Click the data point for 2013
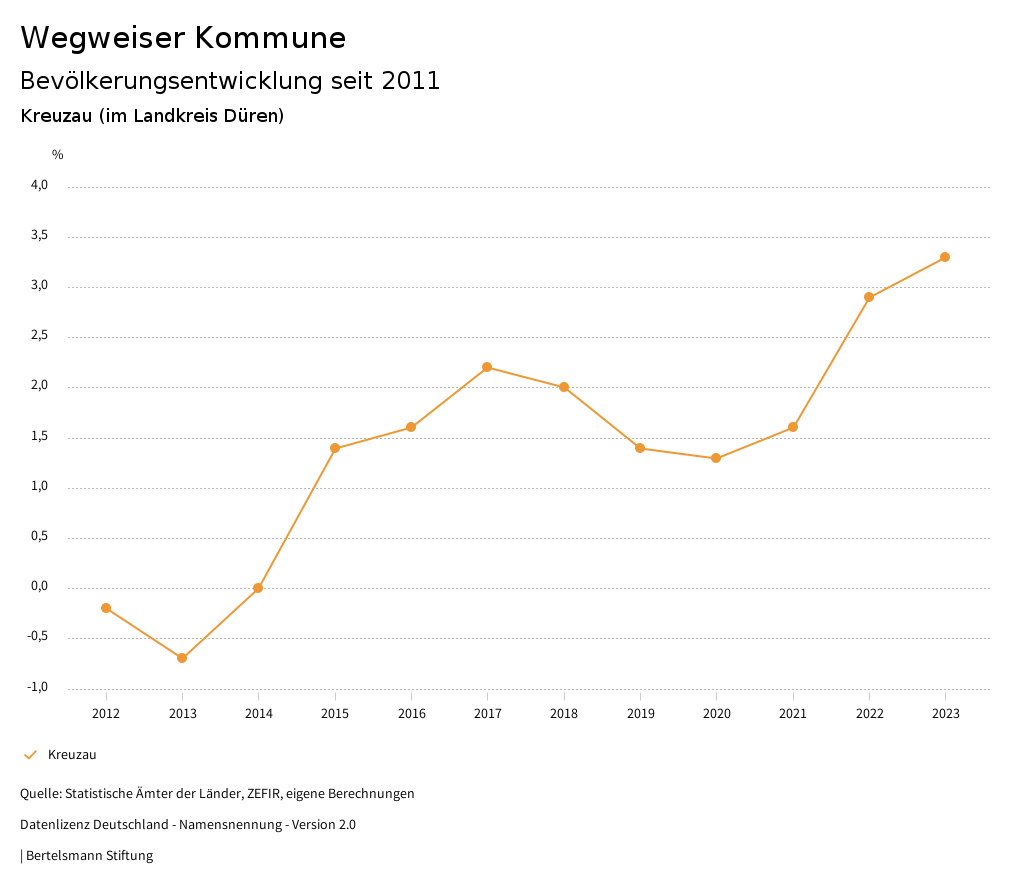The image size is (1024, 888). tap(182, 658)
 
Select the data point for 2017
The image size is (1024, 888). tap(487, 367)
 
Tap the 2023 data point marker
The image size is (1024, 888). tap(945, 257)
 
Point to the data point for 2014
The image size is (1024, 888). tap(258, 588)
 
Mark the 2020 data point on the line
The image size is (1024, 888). tap(716, 458)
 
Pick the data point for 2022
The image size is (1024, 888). tap(869, 297)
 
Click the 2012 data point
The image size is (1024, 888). tap(106, 608)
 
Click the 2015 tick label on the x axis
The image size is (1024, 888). tap(335, 714)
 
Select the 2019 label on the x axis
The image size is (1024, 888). tap(640, 714)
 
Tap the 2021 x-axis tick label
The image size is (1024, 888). tap(793, 714)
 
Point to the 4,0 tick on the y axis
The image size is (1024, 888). tap(39, 185)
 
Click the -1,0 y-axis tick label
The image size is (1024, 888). tap(38, 687)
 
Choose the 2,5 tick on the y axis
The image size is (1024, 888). tap(39, 336)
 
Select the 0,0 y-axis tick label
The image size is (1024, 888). tap(39, 587)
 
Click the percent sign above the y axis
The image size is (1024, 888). tap(58, 155)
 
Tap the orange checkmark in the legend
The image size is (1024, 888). tap(30, 755)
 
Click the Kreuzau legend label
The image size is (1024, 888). tap(72, 755)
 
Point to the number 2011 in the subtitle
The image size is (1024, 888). tap(411, 81)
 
